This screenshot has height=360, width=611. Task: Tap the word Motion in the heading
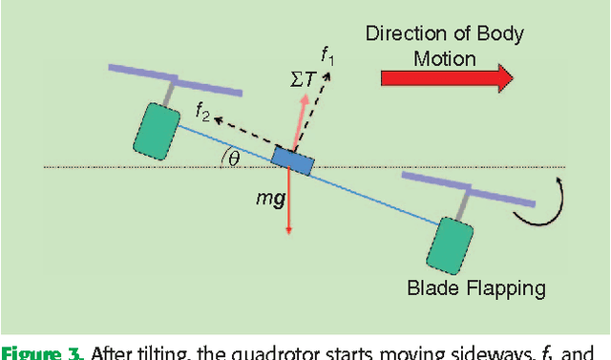pos(445,58)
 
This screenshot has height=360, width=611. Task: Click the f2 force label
pos(202,112)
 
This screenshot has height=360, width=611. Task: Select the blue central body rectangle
pos(291,160)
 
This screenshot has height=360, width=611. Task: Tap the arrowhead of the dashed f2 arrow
pos(215,119)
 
